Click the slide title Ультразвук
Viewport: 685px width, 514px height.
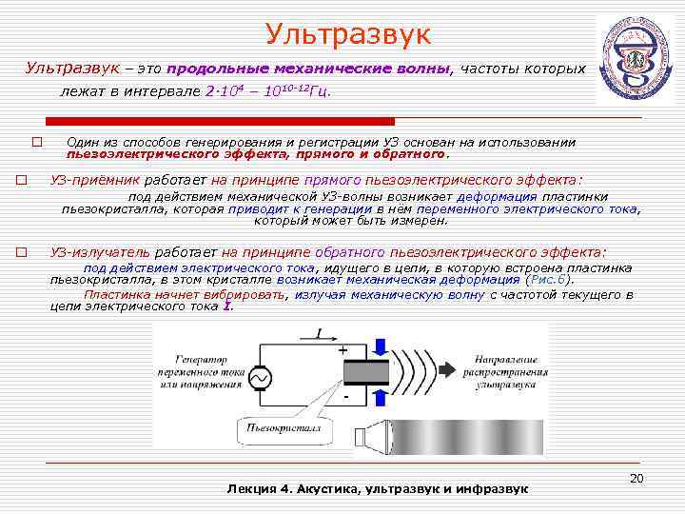click(348, 36)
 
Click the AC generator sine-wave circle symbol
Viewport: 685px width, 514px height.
click(258, 379)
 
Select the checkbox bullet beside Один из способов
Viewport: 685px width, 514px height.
click(36, 143)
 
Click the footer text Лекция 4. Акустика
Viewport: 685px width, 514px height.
click(377, 488)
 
